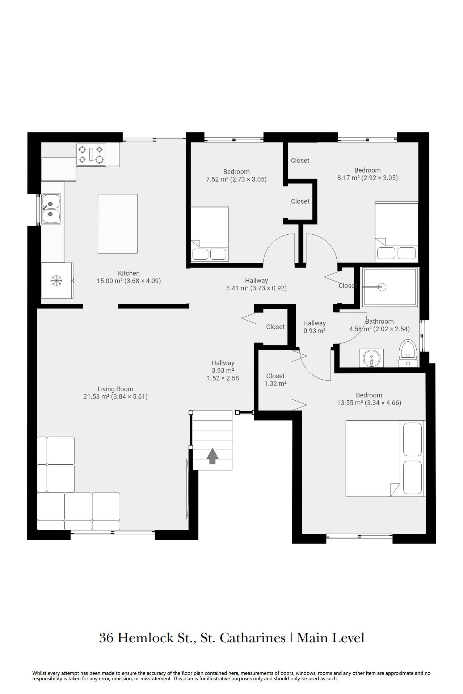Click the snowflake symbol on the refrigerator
click(x=56, y=280)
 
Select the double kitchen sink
click(x=51, y=209)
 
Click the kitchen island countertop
click(x=118, y=224)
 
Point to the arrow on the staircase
click(x=212, y=456)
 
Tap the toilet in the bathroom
click(x=408, y=353)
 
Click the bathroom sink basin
click(x=372, y=358)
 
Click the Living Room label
click(x=115, y=389)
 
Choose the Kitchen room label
click(x=129, y=273)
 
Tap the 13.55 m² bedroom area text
click(x=369, y=403)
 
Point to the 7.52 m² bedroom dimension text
click(x=236, y=179)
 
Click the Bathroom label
click(x=379, y=322)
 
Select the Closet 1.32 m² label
click(x=275, y=380)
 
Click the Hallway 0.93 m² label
click(x=315, y=327)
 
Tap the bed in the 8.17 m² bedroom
click(x=396, y=232)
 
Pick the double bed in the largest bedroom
click(x=386, y=458)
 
